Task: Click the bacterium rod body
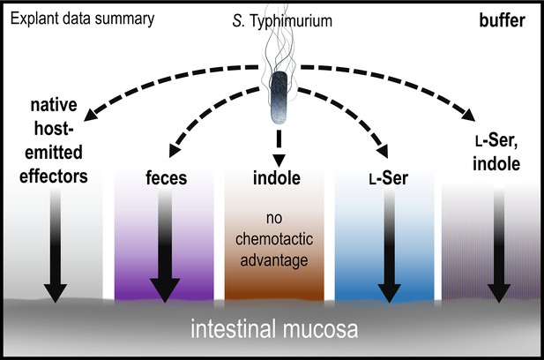tap(279, 98)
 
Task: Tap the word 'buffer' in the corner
tap(502, 20)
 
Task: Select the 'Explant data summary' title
tap(82, 19)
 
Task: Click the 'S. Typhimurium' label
tap(282, 21)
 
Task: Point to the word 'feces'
tap(166, 177)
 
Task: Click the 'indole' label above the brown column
tap(277, 177)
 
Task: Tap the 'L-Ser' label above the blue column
tap(388, 178)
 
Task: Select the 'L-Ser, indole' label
tap(496, 152)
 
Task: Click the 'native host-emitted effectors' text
tap(54, 140)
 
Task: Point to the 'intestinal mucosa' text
tap(274, 329)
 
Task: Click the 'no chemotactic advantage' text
tap(274, 239)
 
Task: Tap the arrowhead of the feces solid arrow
tap(165, 290)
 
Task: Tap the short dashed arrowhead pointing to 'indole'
tap(279, 161)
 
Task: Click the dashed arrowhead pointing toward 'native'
tap(90, 115)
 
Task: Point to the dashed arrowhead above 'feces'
tap(175, 151)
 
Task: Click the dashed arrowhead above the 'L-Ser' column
tap(383, 152)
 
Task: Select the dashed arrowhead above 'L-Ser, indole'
tap(469, 115)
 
